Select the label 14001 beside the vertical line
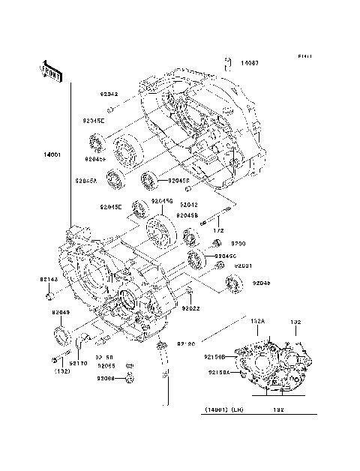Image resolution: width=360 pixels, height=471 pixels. click(x=53, y=156)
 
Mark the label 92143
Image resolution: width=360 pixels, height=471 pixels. click(x=49, y=280)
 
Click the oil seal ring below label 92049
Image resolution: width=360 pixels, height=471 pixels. click(x=59, y=334)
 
